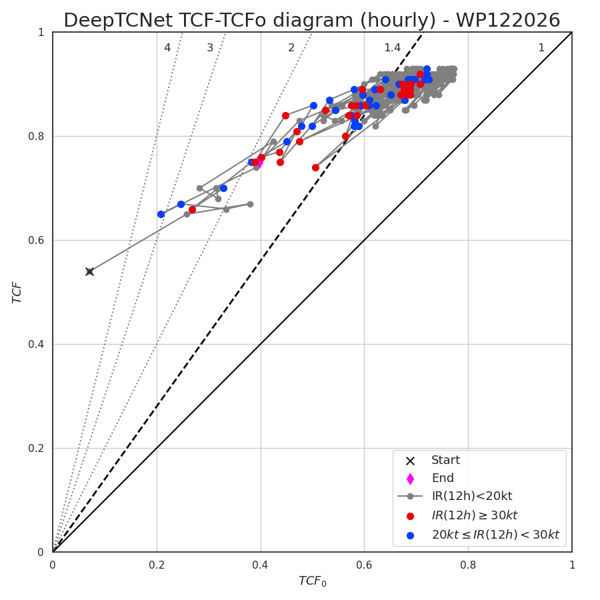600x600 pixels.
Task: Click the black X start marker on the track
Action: click(89, 272)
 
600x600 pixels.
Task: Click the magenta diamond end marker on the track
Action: click(259, 163)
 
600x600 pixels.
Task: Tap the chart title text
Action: click(312, 20)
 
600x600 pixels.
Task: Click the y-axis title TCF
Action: click(17, 293)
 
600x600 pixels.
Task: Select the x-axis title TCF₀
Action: click(312, 581)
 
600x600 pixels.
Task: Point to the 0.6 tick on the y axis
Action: click(36, 240)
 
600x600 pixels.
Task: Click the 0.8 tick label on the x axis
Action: click(468, 565)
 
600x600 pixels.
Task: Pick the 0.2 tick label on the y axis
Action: click(36, 448)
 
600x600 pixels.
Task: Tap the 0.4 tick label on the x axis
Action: click(260, 565)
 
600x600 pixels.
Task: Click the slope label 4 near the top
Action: click(167, 47)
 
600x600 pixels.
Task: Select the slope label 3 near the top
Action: click(210, 47)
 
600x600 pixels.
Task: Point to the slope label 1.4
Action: click(392, 47)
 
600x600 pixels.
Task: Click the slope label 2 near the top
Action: click(291, 47)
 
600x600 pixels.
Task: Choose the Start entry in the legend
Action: click(445, 460)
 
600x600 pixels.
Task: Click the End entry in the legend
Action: click(443, 478)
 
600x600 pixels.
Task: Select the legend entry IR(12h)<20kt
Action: click(472, 496)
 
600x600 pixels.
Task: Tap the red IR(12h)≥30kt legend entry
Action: click(475, 515)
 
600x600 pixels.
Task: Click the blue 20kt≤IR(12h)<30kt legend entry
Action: click(495, 535)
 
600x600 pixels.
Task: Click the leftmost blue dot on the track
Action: click(161, 214)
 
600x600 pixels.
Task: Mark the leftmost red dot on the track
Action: click(193, 210)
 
